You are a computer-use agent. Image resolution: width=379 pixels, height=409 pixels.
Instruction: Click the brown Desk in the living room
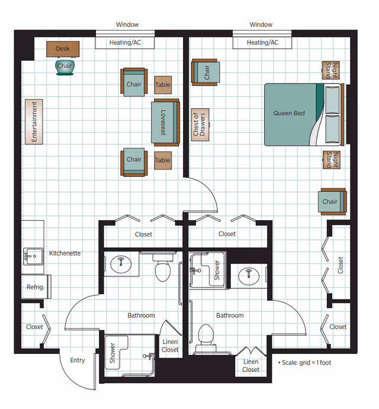[63, 49]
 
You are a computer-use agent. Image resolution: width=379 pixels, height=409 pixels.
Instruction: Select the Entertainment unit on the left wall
[35, 121]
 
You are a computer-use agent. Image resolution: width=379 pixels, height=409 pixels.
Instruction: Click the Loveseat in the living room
[164, 123]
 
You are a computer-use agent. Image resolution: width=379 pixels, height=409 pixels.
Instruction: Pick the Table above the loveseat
[163, 85]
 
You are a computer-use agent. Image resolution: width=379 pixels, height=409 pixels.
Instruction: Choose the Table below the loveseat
[163, 160]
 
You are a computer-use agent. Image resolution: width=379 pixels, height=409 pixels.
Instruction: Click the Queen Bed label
[289, 113]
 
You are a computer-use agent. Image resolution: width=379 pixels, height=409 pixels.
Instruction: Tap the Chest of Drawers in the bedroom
[199, 124]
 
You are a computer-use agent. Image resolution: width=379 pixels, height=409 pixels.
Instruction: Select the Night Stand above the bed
[331, 70]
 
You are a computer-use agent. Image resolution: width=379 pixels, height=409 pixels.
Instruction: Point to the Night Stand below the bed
[331, 160]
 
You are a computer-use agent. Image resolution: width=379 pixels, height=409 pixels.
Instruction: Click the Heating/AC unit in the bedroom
[262, 43]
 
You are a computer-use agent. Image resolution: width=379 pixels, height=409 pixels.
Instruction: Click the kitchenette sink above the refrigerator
[31, 256]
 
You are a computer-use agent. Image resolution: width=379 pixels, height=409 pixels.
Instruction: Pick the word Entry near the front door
[78, 360]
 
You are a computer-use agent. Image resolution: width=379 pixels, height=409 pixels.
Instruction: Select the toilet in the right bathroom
[205, 336]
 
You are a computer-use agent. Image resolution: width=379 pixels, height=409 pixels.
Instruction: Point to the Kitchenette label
[65, 253]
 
